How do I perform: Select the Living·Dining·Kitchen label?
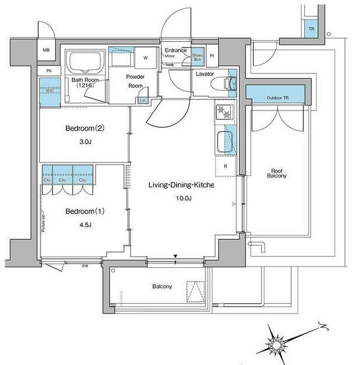coord(181,185)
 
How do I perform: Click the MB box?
coord(46,51)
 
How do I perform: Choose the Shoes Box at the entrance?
coord(198,57)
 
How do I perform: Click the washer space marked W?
coord(145,58)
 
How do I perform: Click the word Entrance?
coord(176,50)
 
